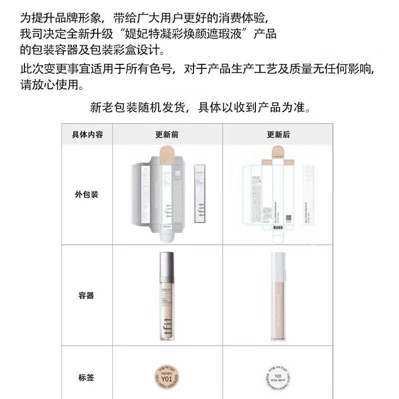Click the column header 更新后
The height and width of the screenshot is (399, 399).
[279, 134]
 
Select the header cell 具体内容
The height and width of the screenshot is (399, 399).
[87, 134]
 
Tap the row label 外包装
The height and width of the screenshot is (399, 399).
[87, 194]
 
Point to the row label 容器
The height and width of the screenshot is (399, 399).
[86, 296]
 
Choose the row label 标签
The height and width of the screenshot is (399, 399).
[86, 378]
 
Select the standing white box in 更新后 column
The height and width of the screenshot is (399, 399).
[310, 195]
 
